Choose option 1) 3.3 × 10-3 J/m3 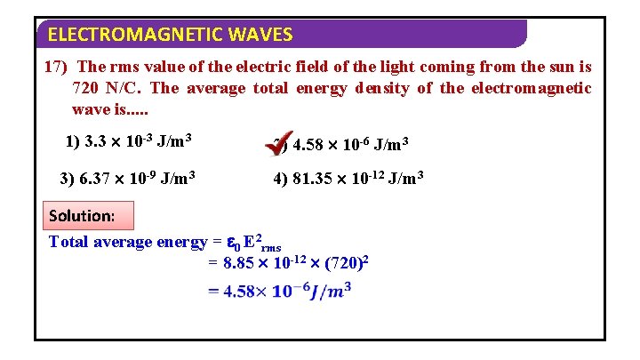130,140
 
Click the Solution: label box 82,216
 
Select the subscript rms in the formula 270,248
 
